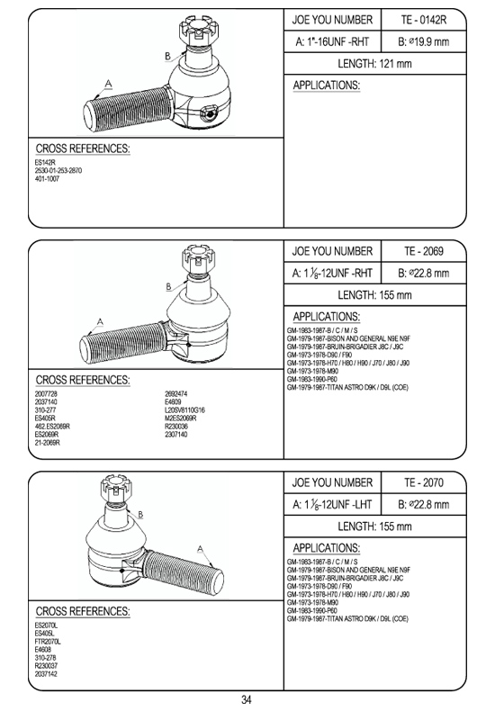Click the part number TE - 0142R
point(423,20)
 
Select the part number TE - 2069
point(423,251)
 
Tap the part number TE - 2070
point(423,482)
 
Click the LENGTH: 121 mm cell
point(374,64)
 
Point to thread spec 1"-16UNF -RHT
point(332,41)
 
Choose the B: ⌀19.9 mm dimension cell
point(423,41)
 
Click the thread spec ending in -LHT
point(332,505)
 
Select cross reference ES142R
point(45,162)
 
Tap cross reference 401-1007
point(47,179)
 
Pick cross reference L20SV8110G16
point(184,409)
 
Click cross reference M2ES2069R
point(180,418)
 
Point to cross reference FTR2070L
point(48,642)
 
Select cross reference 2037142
point(46,674)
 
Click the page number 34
point(247,699)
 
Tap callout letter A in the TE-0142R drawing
point(108,84)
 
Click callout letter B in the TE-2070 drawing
point(140,515)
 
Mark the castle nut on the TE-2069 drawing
point(198,258)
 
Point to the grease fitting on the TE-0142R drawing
point(209,113)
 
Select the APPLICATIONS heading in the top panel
point(327,85)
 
